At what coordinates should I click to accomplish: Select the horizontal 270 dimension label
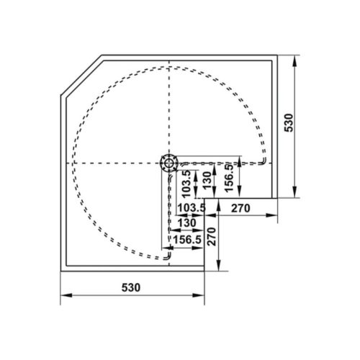point(240,208)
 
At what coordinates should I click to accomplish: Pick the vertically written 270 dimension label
point(212,236)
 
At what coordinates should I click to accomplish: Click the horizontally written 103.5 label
point(191,208)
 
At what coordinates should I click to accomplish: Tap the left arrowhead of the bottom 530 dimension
point(64,296)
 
